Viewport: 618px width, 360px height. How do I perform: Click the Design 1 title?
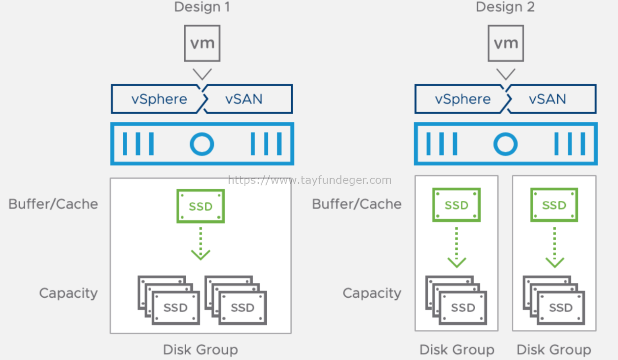click(x=202, y=7)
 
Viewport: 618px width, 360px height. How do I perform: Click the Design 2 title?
click(x=505, y=7)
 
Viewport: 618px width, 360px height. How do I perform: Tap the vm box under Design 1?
click(x=202, y=43)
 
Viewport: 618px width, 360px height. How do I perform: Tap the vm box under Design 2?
click(x=506, y=43)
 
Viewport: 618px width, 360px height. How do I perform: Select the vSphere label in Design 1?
click(x=159, y=99)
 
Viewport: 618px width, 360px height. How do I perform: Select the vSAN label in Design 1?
click(x=244, y=99)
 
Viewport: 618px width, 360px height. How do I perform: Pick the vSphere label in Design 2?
click(x=463, y=99)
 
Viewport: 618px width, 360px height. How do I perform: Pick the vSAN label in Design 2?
click(x=547, y=99)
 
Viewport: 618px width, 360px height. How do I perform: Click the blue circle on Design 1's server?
click(x=202, y=144)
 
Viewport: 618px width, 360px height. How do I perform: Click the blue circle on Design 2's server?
click(x=505, y=144)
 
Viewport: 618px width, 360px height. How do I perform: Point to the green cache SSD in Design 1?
click(x=200, y=206)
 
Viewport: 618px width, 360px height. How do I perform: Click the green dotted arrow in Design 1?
click(x=200, y=244)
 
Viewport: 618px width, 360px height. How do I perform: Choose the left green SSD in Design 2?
click(x=456, y=205)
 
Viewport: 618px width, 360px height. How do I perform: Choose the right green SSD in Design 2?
click(x=554, y=205)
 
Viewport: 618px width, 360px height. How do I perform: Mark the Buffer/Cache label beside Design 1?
click(x=53, y=204)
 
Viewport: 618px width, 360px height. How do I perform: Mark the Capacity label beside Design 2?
click(x=372, y=293)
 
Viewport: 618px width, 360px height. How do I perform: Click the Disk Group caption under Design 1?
click(x=200, y=350)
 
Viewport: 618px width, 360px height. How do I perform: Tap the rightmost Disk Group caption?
click(x=554, y=350)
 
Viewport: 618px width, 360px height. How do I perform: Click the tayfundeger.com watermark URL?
click(x=309, y=180)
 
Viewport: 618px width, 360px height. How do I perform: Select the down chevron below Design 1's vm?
click(x=202, y=74)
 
